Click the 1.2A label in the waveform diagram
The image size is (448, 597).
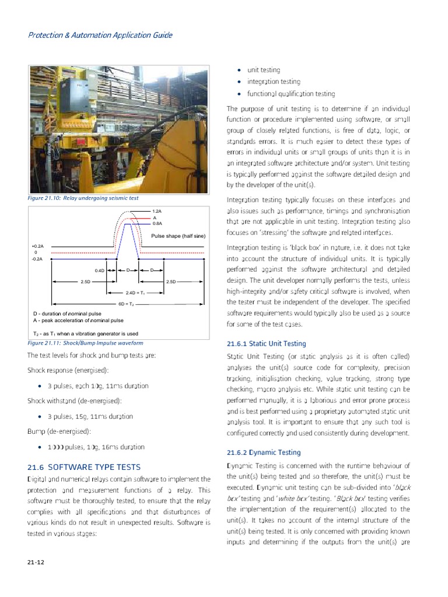[x=156, y=211]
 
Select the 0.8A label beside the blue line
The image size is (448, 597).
[x=156, y=223]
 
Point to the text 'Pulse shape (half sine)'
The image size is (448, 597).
[x=178, y=236]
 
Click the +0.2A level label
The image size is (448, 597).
[x=37, y=247]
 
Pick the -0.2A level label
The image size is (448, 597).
[x=37, y=258]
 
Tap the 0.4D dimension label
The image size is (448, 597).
[x=99, y=271]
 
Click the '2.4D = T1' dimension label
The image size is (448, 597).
[x=135, y=293]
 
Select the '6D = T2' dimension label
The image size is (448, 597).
[x=127, y=304]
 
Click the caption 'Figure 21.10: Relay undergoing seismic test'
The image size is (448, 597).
[x=83, y=198]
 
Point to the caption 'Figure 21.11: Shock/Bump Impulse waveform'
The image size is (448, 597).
[x=85, y=343]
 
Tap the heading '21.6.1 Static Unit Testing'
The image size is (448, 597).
[x=266, y=344]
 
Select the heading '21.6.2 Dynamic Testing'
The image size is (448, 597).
[x=264, y=452]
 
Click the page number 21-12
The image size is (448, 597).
[x=36, y=562]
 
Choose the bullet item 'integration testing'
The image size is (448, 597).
[x=274, y=82]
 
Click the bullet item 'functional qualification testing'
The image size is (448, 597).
[x=290, y=94]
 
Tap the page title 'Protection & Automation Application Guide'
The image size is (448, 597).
[x=100, y=35]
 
